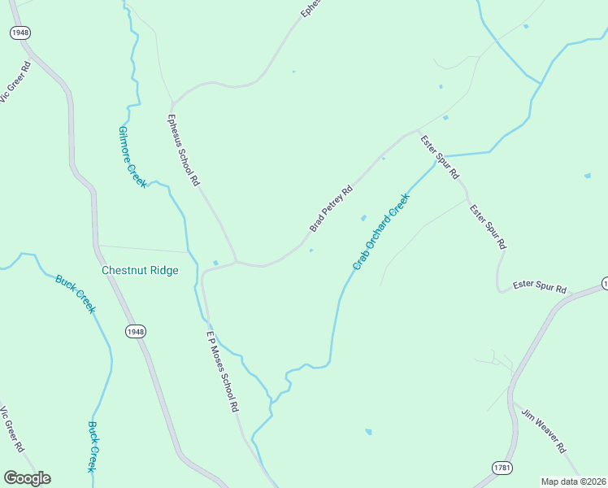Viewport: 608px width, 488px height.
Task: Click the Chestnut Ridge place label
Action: (139, 270)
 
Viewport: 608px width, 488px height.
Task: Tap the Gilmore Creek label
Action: (132, 157)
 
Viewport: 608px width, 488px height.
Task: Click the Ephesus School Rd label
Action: (183, 150)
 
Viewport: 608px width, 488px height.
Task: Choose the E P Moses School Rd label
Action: (221, 370)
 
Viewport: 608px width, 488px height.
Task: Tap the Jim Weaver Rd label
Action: (544, 430)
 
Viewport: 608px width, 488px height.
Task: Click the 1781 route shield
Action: (503, 468)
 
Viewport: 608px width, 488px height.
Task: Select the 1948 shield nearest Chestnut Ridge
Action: (137, 331)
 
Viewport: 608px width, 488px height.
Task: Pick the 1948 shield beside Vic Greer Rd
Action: (20, 33)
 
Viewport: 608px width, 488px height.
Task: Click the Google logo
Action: (27, 478)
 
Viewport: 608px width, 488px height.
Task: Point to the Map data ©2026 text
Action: (572, 481)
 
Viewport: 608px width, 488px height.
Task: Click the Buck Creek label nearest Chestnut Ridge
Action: (76, 294)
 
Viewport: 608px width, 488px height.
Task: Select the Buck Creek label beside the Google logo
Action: (93, 447)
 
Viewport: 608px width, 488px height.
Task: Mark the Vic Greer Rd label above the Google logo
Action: (11, 429)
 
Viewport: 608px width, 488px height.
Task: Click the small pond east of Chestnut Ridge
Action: (215, 263)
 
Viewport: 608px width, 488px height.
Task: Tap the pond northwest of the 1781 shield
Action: (368, 431)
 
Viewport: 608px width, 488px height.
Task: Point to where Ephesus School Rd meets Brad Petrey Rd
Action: (237, 262)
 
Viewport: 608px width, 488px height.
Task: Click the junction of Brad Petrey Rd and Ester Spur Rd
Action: (418, 132)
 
